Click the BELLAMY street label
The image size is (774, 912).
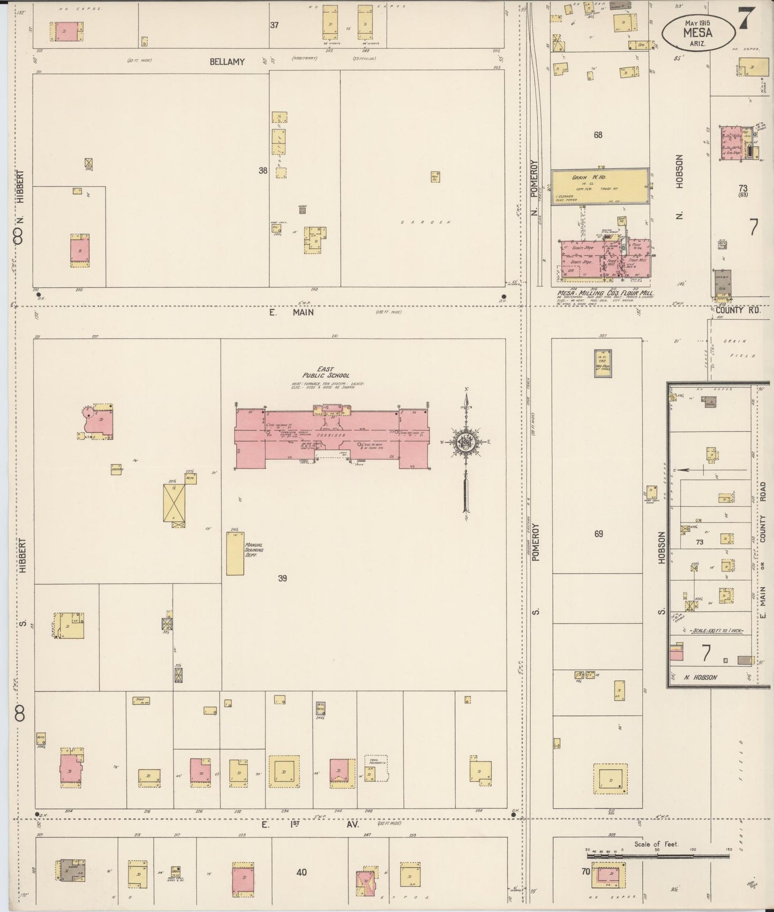(x=227, y=62)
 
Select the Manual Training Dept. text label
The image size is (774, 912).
(x=253, y=550)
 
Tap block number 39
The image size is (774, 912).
(x=283, y=579)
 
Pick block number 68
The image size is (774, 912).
(x=598, y=135)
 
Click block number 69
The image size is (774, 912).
(x=598, y=534)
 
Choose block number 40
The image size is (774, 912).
(x=302, y=872)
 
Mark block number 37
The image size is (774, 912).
(x=274, y=25)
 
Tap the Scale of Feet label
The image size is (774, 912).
(x=656, y=844)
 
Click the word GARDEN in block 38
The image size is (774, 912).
(x=426, y=222)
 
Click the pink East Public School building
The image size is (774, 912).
(x=332, y=436)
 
